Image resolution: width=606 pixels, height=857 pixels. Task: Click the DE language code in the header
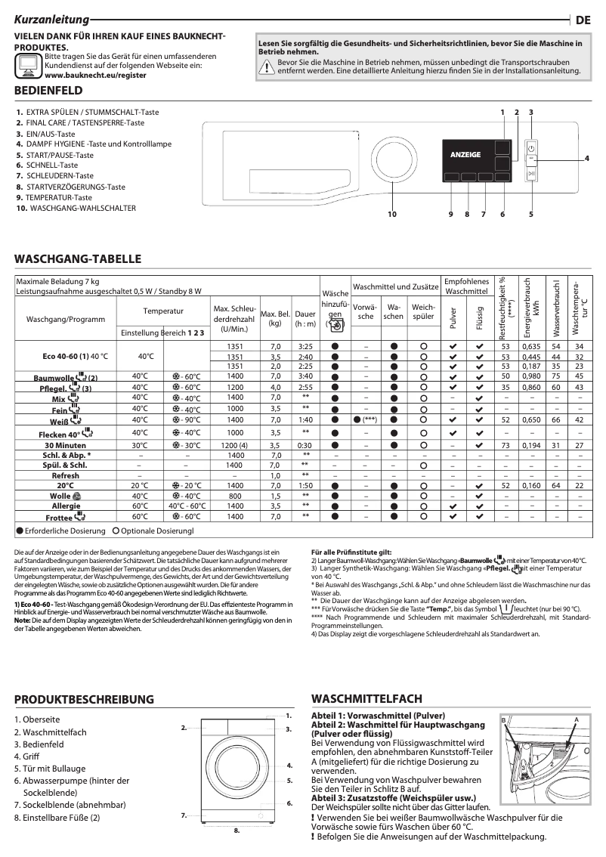pyautogui.click(x=583, y=20)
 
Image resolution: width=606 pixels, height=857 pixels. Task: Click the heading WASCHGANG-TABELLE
pyautogui.click(x=78, y=258)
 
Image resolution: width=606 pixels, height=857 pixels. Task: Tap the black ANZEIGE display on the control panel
pyautogui.click(x=465, y=154)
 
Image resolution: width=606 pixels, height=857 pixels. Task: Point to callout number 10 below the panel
pyautogui.click(x=392, y=215)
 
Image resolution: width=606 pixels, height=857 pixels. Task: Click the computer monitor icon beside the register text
pyautogui.click(x=29, y=66)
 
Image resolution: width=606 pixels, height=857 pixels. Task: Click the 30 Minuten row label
pyautogui.click(x=66, y=446)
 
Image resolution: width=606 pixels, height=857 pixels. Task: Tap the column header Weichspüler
pyautogui.click(x=423, y=312)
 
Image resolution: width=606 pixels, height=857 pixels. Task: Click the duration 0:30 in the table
pyautogui.click(x=305, y=446)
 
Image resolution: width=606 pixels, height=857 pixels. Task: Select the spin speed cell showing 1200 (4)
pyautogui.click(x=235, y=446)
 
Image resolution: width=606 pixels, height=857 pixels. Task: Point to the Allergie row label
pyautogui.click(x=66, y=506)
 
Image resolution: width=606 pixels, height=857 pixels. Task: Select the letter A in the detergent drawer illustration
pyautogui.click(x=576, y=719)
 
